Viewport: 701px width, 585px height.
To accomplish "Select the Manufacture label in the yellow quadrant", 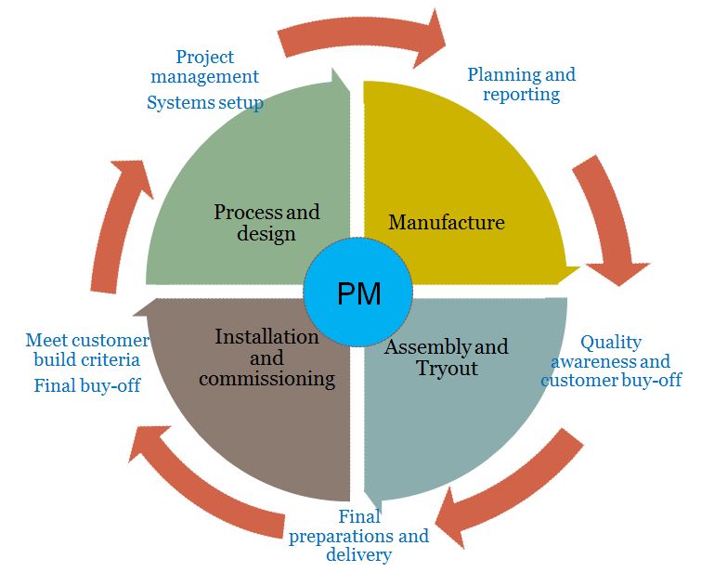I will [x=446, y=222].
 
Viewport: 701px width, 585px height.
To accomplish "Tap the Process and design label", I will [x=266, y=223].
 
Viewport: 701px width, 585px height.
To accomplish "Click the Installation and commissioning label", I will [x=266, y=357].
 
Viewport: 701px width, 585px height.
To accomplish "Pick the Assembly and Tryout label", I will [x=446, y=357].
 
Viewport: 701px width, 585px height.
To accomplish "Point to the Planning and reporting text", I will [x=521, y=84].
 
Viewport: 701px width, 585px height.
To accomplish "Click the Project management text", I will [x=204, y=67].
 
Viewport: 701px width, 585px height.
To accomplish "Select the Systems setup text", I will [x=204, y=103].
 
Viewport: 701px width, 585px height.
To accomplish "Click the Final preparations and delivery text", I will [x=358, y=536].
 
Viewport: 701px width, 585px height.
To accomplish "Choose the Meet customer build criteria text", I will [x=86, y=349].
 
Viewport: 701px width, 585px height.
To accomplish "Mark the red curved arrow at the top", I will [x=362, y=34].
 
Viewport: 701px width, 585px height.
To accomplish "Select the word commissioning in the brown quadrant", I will [x=266, y=378].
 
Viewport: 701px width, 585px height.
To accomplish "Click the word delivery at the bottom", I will [x=358, y=555].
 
